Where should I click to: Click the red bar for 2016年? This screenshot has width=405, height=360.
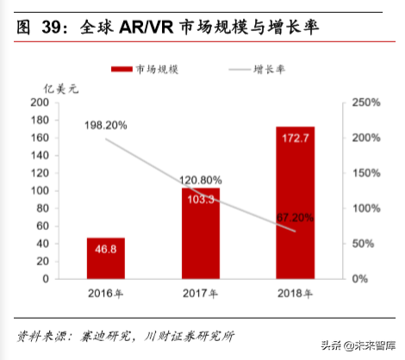coord(105,258)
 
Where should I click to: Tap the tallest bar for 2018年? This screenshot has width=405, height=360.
coord(295,203)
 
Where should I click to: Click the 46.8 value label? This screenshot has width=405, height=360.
coord(106,250)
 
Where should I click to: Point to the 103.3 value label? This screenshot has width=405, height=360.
coord(201,199)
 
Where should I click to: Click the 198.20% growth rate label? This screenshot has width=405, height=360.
coord(106,125)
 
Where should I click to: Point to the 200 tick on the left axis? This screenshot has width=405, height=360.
coord(39,102)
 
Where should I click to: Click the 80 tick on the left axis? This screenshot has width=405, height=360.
coord(42,208)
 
